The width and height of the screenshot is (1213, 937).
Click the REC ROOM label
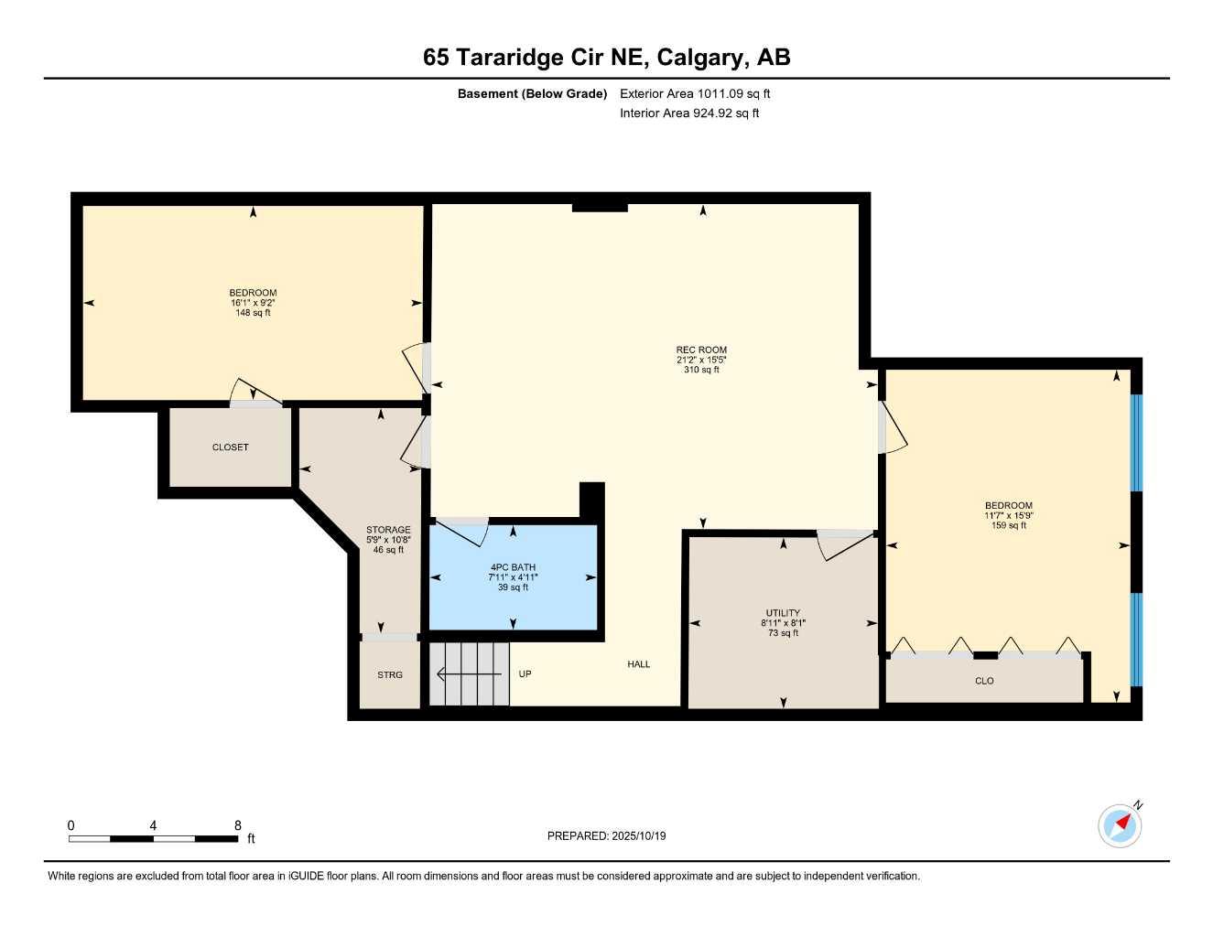click(x=701, y=350)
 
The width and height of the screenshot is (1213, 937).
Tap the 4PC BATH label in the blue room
click(x=513, y=567)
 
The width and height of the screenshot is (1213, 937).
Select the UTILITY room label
click(x=783, y=613)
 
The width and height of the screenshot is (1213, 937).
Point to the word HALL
click(x=639, y=664)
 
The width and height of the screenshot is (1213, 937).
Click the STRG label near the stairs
click(x=390, y=675)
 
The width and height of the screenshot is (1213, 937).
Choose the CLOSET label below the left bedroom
click(x=230, y=447)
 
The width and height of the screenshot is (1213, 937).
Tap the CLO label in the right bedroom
click(x=984, y=681)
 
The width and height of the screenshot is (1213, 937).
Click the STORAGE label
click(x=388, y=530)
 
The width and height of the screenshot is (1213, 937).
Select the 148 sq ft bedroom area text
click(x=253, y=313)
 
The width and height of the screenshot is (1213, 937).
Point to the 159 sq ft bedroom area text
click(x=1009, y=525)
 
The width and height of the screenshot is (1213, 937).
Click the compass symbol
click(x=1120, y=825)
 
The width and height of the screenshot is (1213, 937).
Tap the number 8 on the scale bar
click(x=238, y=825)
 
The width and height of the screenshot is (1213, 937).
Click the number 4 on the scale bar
click(x=153, y=825)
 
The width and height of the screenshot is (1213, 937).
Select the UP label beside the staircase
click(x=525, y=674)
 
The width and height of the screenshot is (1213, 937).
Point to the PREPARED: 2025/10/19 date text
click(x=606, y=835)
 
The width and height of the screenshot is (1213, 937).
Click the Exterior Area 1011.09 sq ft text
click(x=695, y=93)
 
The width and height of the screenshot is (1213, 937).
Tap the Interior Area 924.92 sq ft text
click(x=689, y=113)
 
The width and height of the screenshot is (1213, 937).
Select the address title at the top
click(x=606, y=58)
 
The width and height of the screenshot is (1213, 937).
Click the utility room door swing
click(x=844, y=544)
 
